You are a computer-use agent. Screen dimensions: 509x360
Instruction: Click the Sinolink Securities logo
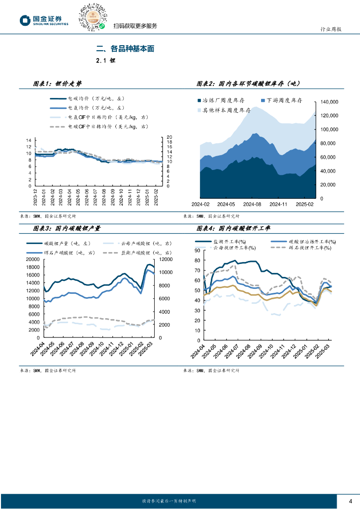[x=44, y=20]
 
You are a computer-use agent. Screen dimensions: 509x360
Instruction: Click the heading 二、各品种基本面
[x=125, y=49]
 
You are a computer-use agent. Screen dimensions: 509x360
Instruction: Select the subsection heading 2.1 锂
[x=105, y=61]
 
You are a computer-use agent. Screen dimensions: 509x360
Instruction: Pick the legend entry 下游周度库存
[x=284, y=100]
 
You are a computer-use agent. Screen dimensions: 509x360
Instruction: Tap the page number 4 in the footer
[x=351, y=501]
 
